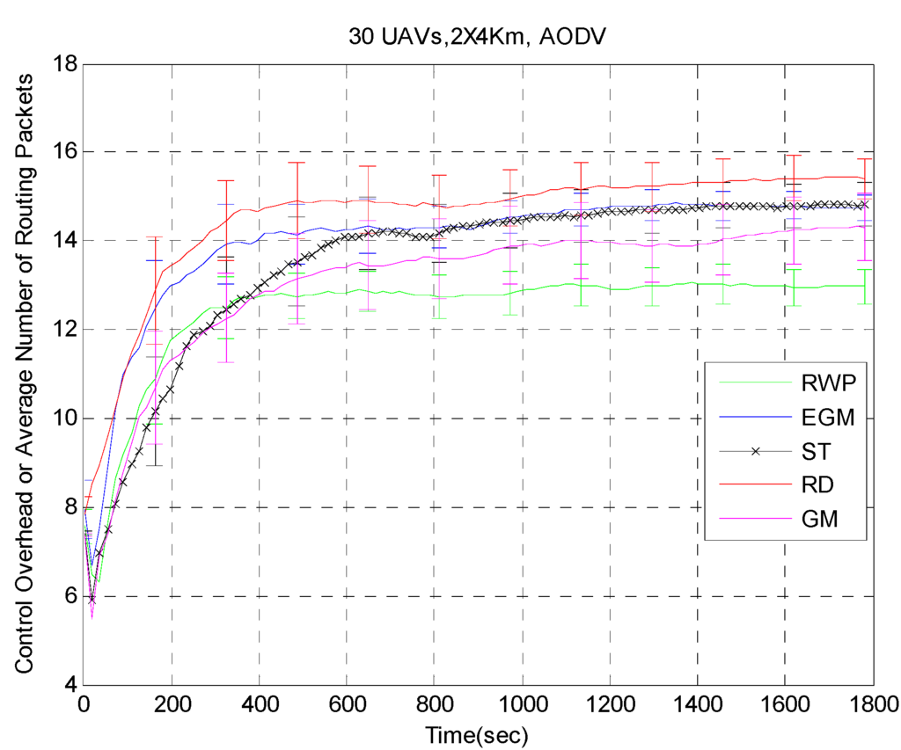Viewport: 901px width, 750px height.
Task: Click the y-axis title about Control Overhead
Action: (x=26, y=374)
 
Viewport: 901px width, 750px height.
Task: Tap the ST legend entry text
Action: (x=814, y=451)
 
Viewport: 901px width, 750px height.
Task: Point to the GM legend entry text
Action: (x=817, y=521)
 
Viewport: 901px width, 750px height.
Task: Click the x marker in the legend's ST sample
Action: (x=755, y=451)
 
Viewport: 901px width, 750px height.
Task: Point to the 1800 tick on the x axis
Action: (x=872, y=704)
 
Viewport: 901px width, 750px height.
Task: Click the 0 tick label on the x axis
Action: (x=84, y=704)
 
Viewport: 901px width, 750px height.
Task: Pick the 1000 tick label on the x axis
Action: (x=522, y=704)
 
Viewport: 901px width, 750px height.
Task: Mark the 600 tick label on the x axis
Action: (x=347, y=704)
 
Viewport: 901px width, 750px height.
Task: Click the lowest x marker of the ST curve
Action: (x=92, y=599)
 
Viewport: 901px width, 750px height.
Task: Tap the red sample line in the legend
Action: (x=755, y=485)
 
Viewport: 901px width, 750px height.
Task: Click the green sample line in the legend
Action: (x=755, y=382)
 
